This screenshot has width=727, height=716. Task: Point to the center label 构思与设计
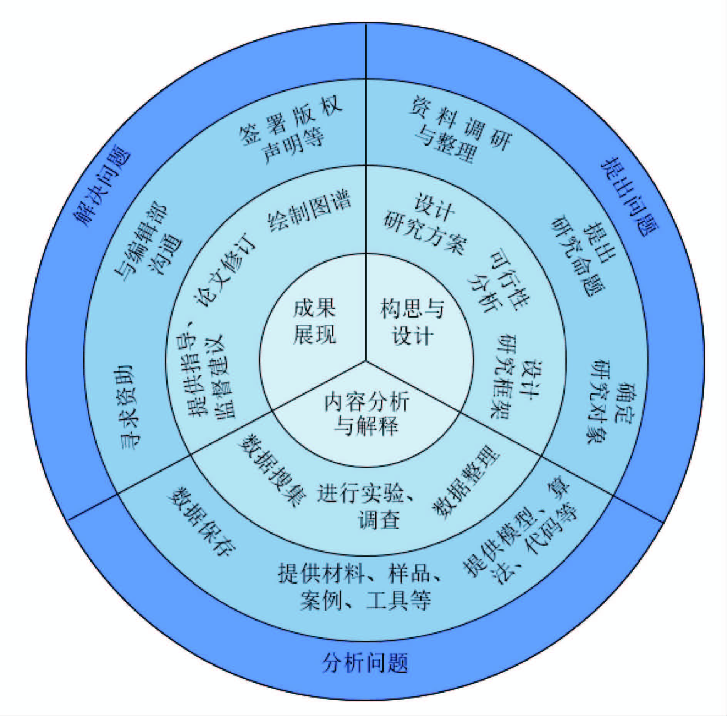[x=412, y=322]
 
